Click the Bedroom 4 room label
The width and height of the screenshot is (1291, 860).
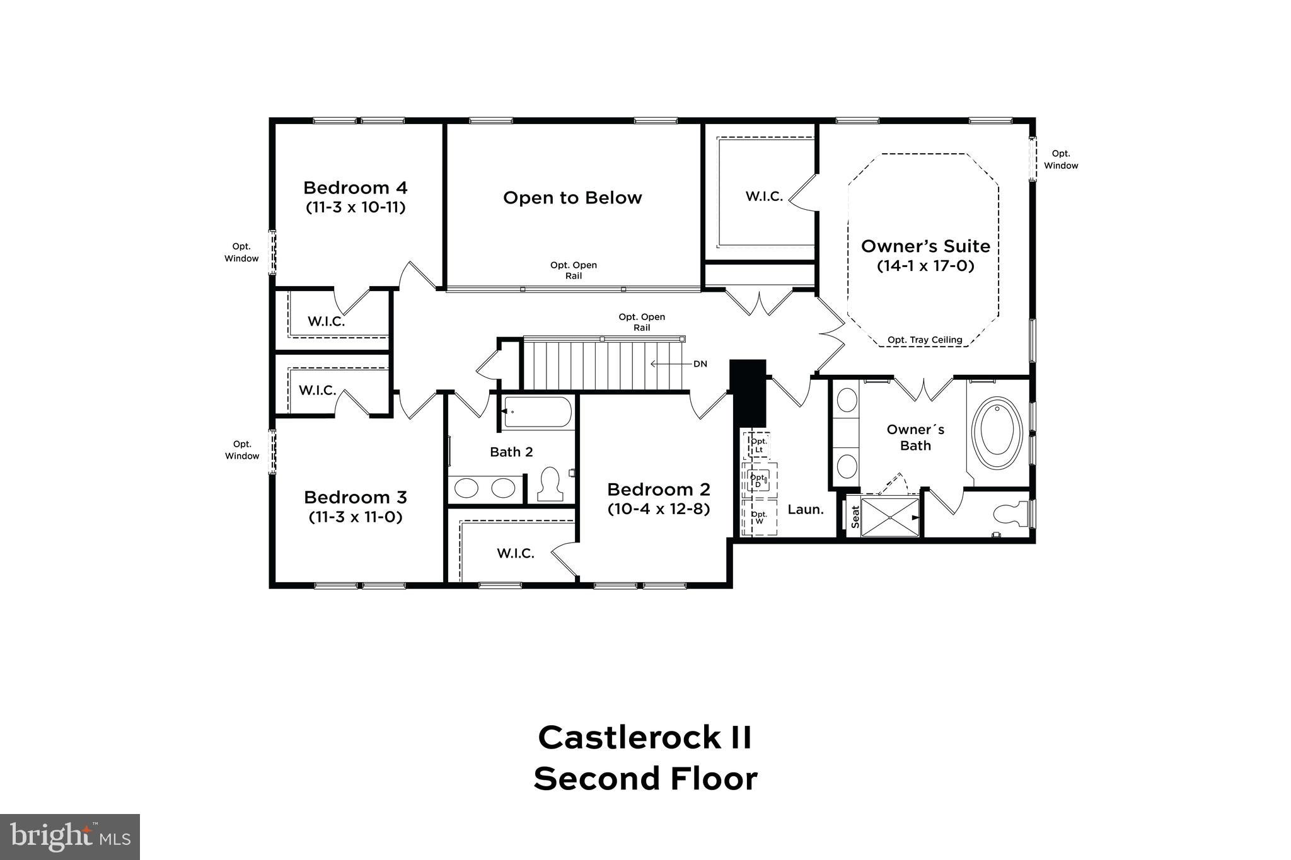(x=355, y=188)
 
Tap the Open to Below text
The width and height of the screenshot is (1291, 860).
(x=572, y=198)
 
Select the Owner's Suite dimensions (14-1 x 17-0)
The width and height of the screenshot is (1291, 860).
(x=925, y=266)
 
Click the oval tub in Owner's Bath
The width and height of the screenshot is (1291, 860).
(x=997, y=432)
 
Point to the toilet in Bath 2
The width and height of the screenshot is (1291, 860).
(x=551, y=484)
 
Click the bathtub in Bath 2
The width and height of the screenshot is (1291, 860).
(x=538, y=412)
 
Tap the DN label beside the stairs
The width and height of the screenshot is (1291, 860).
(x=700, y=364)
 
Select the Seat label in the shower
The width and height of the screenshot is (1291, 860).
(x=855, y=517)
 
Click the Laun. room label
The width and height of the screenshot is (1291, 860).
(x=806, y=510)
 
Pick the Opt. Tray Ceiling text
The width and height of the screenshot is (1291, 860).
(x=925, y=340)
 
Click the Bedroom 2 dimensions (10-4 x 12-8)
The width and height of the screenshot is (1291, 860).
(x=659, y=509)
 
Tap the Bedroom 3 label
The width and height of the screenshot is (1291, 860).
(x=356, y=497)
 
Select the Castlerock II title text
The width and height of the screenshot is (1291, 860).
(x=645, y=737)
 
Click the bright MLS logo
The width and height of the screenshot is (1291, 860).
(x=70, y=837)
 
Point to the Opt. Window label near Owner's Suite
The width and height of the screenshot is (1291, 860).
(x=1060, y=159)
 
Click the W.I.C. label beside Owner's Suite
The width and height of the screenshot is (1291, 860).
(x=764, y=197)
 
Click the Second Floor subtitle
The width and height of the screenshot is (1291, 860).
(x=645, y=779)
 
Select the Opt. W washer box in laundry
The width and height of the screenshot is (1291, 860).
(x=759, y=518)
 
